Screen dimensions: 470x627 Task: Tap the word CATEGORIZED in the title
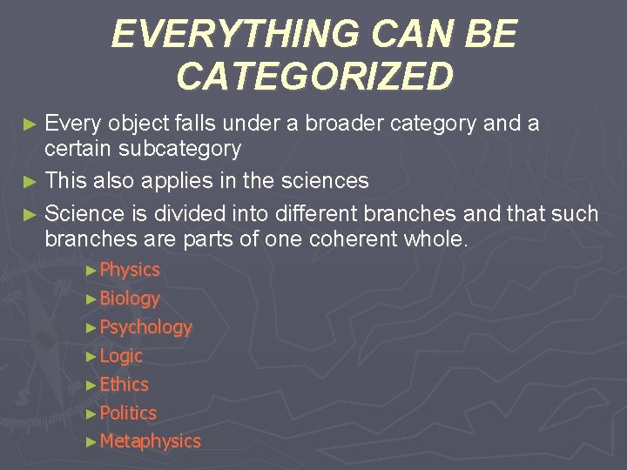314,77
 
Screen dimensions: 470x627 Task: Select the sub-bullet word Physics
130,270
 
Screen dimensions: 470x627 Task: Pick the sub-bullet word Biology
130,299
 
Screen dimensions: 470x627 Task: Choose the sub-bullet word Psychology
145,327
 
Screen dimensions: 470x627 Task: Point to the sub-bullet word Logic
121,356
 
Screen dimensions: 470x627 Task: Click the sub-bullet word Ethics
125,384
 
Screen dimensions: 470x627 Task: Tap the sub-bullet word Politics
128,413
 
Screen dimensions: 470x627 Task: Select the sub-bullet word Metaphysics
150,441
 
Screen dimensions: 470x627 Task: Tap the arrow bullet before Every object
31,124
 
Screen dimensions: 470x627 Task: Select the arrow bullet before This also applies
31,182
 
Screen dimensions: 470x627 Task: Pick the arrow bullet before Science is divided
31,214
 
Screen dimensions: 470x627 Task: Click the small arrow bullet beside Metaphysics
92,442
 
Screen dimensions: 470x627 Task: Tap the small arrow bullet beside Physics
92,271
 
